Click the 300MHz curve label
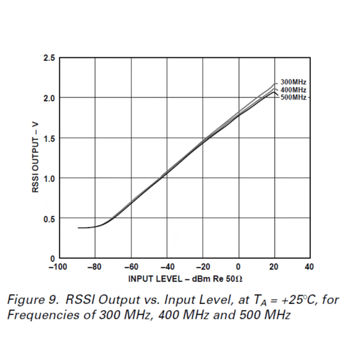pos(294,83)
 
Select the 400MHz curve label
pos(294,91)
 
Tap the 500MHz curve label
pos(294,98)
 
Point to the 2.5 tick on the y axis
pos(48,57)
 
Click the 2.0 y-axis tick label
pos(48,98)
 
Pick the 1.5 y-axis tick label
pos(48,138)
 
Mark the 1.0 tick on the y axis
pos(48,178)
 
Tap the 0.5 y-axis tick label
pos(48,219)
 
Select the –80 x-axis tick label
pos(95,267)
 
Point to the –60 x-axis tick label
pos(131,267)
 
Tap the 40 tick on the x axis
pos(309,267)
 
